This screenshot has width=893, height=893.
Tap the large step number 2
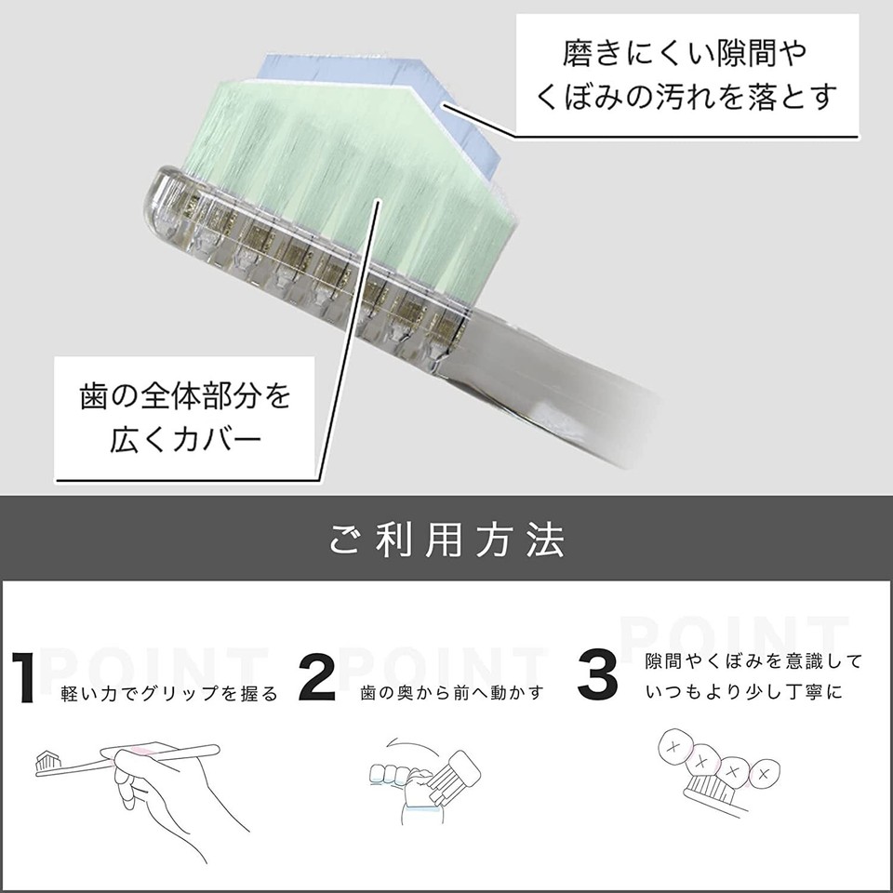319,677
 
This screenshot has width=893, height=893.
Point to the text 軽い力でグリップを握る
168,694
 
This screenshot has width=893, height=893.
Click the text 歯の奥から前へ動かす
452,694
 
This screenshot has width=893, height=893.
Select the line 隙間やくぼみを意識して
753,661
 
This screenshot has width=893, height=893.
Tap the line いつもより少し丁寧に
742,693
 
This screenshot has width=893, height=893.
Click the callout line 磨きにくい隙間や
686,53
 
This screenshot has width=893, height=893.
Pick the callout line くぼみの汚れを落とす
686,96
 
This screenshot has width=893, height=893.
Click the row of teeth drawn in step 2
391,774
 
